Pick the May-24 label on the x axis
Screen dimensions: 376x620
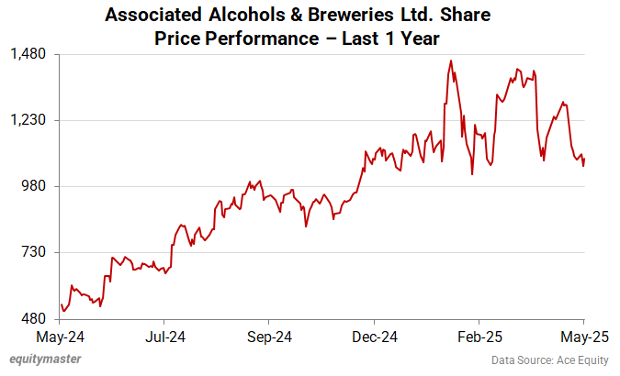60,337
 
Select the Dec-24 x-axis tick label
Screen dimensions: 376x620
375,337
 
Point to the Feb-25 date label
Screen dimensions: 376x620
479,337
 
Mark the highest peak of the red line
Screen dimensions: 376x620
451,61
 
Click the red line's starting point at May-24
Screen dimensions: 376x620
61,304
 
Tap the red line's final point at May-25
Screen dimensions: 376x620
585,158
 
